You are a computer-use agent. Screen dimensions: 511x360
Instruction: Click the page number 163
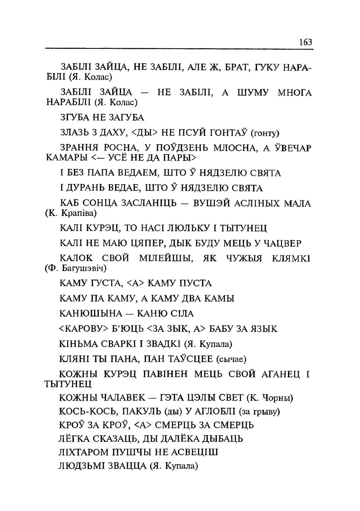tap(306, 42)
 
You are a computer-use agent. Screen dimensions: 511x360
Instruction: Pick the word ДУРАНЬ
tap(88, 188)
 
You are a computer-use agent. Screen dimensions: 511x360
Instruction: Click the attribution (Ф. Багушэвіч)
tap(75, 268)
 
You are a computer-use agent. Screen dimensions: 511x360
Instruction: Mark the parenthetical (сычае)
tap(231, 359)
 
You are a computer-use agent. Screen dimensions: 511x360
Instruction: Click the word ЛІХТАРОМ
tap(83, 452)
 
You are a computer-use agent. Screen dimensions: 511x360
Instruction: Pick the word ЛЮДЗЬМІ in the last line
tap(81, 466)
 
